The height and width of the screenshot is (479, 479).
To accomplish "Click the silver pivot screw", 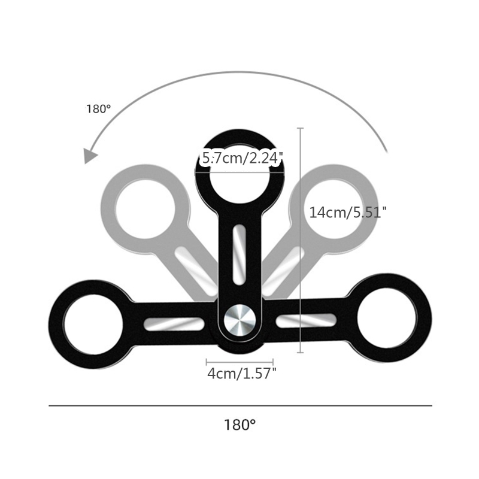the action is [x=240, y=320].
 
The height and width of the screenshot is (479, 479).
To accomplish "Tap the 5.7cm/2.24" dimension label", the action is [x=241, y=158].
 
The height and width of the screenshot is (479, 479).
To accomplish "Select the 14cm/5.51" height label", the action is [x=348, y=213].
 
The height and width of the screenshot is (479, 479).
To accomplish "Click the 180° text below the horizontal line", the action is [x=240, y=425].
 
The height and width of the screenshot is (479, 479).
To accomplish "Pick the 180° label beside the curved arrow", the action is [x=98, y=109].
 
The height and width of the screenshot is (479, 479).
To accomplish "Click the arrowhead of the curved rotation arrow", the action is [x=90, y=156].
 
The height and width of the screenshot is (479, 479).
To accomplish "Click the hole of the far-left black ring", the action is [x=93, y=325].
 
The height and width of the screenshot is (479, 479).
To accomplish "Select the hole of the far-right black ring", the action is [x=387, y=318].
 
